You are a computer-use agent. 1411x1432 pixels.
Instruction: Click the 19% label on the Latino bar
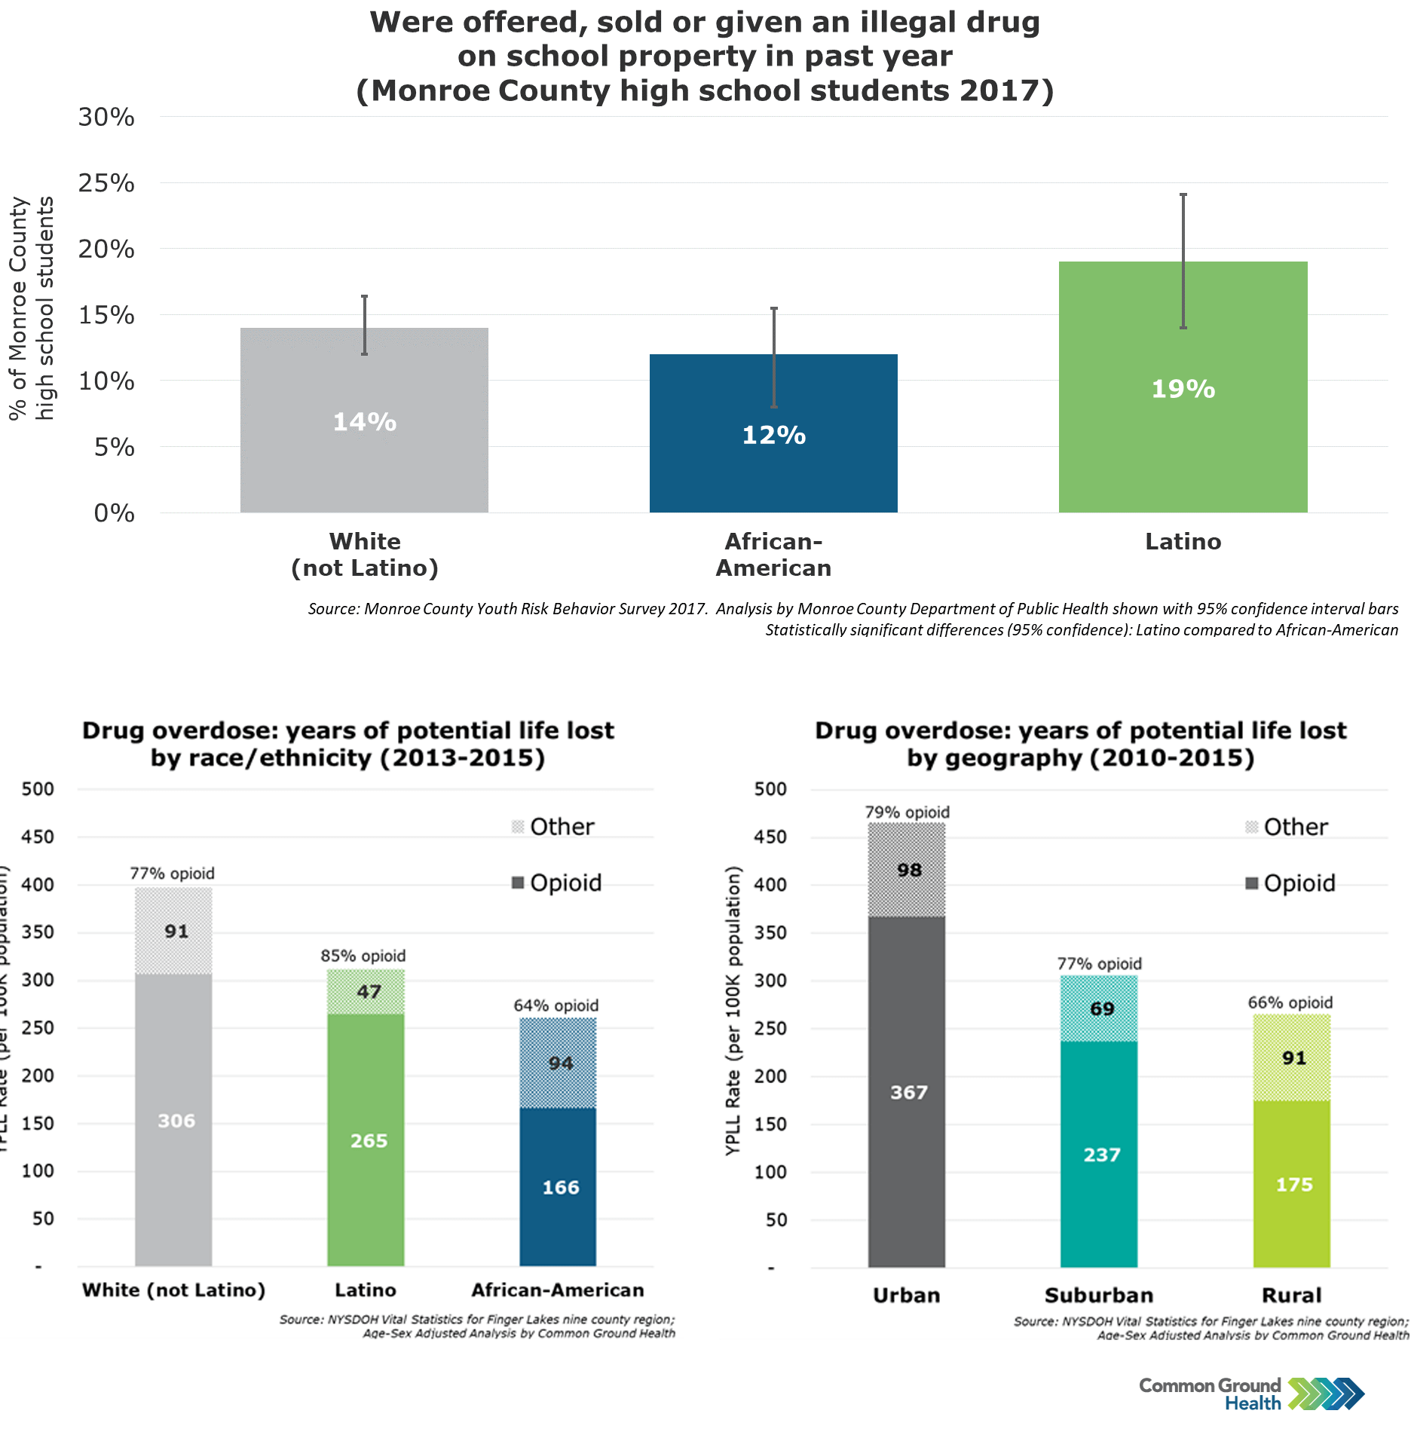tap(1183, 389)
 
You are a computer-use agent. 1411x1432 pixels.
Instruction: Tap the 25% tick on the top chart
tap(106, 183)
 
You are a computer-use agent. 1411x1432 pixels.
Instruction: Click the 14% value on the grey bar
tap(365, 422)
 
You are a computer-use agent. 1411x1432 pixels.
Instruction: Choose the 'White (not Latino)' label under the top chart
tap(365, 555)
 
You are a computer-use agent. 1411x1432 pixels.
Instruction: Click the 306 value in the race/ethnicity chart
tap(176, 1121)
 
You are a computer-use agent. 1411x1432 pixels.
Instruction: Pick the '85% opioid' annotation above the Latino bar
tap(363, 956)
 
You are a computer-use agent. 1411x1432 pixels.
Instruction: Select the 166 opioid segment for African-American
tap(561, 1187)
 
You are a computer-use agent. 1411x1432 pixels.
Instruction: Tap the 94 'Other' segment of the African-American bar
tap(561, 1063)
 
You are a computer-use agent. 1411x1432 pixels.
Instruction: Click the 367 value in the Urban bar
tap(909, 1092)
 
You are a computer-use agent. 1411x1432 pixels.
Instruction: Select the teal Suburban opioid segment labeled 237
tap(1101, 1155)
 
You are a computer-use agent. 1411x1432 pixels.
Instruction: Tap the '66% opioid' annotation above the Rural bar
tap(1290, 1002)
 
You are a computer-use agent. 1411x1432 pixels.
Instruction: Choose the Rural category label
tap(1292, 1295)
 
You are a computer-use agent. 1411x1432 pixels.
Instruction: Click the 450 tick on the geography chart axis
tap(770, 837)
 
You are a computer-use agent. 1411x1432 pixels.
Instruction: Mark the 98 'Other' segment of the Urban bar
tap(909, 870)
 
